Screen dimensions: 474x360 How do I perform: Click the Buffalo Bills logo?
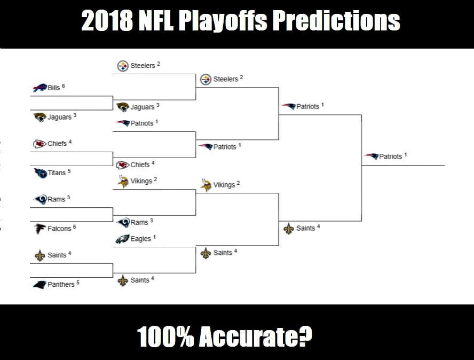tap(40, 88)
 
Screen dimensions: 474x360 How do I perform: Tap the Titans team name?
tap(57, 173)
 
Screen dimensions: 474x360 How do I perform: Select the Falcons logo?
tap(39, 229)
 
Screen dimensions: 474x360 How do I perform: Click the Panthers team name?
tap(61, 284)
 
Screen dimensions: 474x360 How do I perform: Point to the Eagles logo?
tap(122, 239)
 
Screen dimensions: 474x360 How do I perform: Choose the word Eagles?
tap(141, 239)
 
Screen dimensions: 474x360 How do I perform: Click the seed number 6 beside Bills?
tap(63, 86)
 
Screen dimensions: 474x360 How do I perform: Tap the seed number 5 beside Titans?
tap(69, 171)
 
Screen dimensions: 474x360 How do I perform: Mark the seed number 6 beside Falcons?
tap(74, 227)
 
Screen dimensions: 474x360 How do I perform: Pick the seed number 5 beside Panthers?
tap(78, 283)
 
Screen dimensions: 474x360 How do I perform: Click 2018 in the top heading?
tap(107, 21)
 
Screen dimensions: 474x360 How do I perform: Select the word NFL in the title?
tap(156, 21)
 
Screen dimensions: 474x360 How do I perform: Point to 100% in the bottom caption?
tap(165, 336)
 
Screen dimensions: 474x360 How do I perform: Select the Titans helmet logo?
tap(41, 173)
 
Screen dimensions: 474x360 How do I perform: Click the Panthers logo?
tap(40, 285)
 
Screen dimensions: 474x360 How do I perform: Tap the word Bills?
tap(54, 88)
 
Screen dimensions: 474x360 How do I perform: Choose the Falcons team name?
tap(59, 229)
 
